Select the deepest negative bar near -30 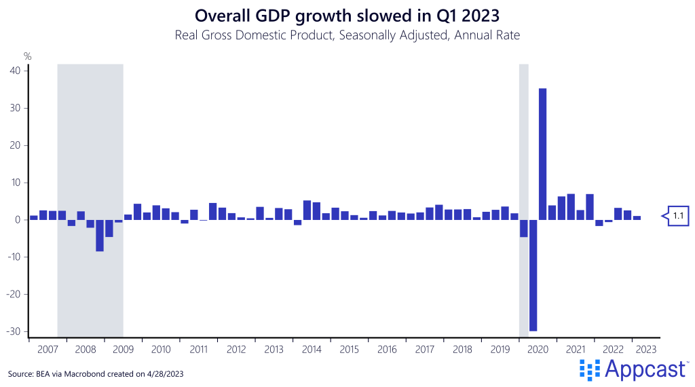[533, 275]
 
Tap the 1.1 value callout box [677, 216]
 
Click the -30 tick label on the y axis [14, 331]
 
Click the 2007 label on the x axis [48, 350]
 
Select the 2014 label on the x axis [312, 350]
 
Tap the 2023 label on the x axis [645, 350]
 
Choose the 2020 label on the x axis [538, 350]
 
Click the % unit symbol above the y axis [27, 56]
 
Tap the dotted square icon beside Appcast [590, 369]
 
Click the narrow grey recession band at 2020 [523, 136]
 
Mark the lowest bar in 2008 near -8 [100, 236]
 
